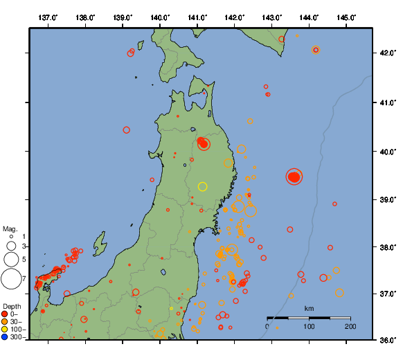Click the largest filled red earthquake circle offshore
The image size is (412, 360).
click(x=294, y=177)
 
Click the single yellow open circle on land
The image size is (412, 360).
click(x=202, y=186)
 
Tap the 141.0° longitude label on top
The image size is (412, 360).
click(x=197, y=17)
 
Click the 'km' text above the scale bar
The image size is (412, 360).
click(x=309, y=308)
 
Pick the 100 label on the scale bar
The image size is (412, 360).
click(x=309, y=326)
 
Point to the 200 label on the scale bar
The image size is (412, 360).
click(x=350, y=326)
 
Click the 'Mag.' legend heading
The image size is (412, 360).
click(x=10, y=228)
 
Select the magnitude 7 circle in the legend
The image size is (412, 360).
click(x=11, y=279)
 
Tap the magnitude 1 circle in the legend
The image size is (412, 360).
click(x=11, y=237)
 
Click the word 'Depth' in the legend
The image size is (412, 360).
click(x=12, y=306)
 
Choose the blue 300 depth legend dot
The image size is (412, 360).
click(x=5, y=337)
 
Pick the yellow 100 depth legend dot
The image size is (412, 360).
click(x=5, y=330)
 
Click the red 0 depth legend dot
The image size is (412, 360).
click(x=5, y=314)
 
